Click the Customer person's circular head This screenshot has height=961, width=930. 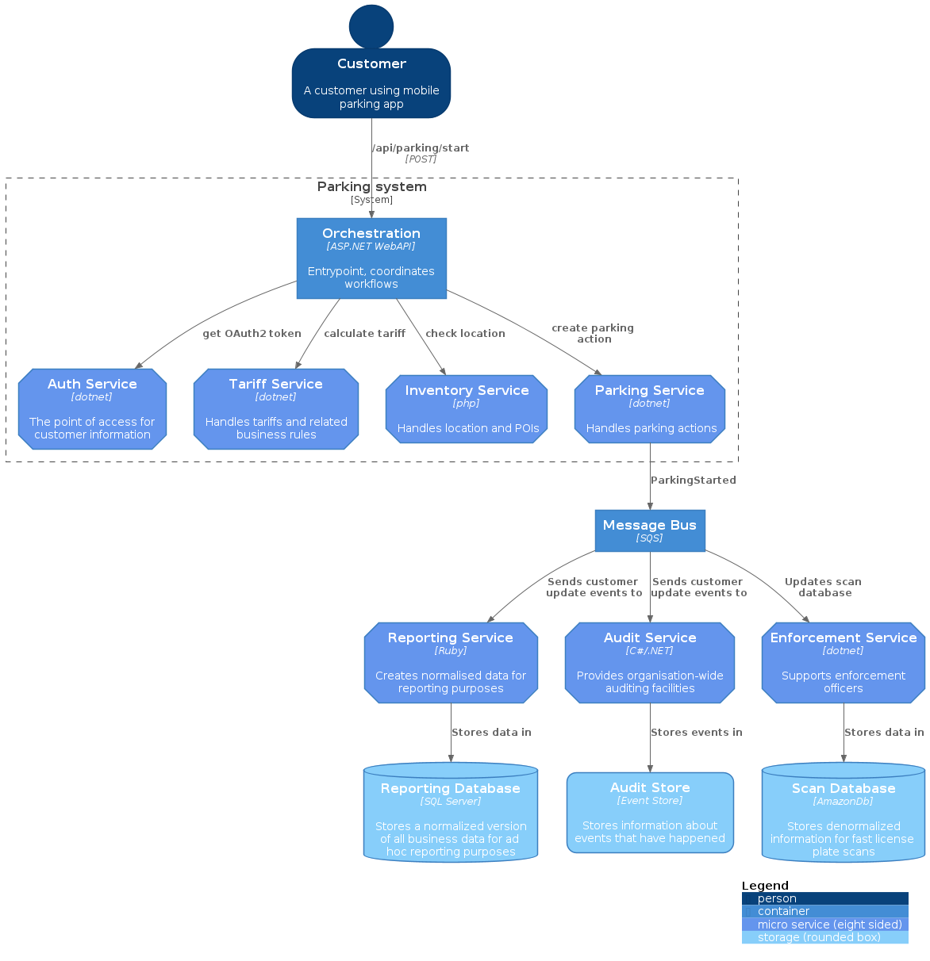pos(371,26)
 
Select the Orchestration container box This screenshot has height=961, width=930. pos(371,258)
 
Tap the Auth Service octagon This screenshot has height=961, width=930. pos(92,409)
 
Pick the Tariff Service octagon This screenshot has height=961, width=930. pos(276,409)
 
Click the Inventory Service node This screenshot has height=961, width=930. pos(467,409)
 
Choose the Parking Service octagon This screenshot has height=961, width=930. pos(650,409)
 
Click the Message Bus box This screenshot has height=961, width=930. pos(650,530)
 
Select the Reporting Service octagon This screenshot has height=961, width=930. pos(451,663)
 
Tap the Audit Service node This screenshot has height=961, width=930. pos(650,663)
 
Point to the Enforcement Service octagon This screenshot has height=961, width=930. pos(844,663)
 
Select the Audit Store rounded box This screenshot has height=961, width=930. pos(650,813)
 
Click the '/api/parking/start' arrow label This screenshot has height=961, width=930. pos(421,148)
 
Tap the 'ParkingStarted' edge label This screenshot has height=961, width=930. pos(693,480)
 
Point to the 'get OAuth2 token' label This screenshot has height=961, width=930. pos(252,334)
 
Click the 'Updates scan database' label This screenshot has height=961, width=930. pos(824,588)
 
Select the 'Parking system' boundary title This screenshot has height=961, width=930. pos(371,187)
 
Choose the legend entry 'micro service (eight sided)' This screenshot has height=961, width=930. pos(825,925)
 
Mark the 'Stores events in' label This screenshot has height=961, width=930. pos(696,733)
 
